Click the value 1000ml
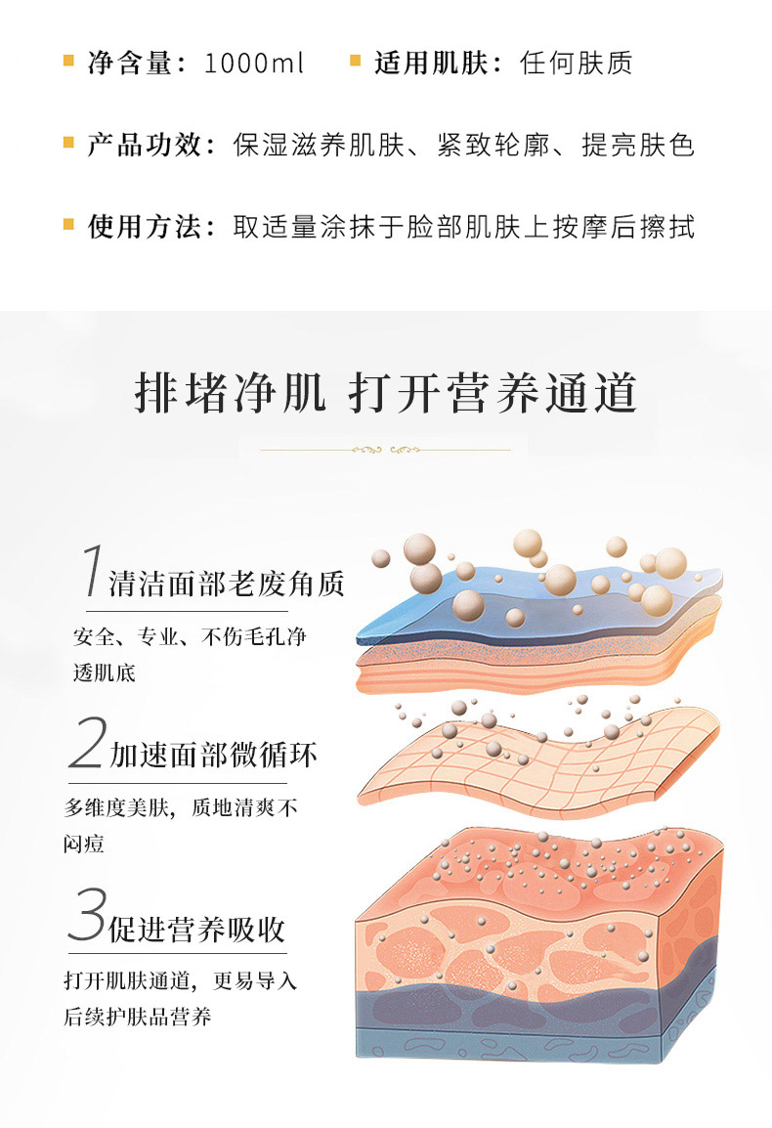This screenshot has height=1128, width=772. [253, 64]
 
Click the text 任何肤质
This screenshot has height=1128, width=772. [576, 64]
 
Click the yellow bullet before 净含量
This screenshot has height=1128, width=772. [69, 62]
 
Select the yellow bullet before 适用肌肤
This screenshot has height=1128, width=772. [356, 62]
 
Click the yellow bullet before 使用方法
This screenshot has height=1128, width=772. [69, 225]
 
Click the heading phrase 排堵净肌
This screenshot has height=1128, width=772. [230, 393]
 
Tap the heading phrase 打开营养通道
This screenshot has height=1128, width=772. [493, 393]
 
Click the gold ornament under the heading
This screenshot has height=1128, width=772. [386, 451]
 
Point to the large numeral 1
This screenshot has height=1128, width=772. [92, 570]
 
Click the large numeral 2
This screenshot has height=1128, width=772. [88, 742]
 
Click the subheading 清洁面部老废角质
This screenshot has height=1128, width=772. [227, 585]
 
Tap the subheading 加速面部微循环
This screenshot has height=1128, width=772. [213, 756]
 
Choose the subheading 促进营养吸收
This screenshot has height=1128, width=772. [197, 930]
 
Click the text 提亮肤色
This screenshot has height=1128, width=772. [638, 145]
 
